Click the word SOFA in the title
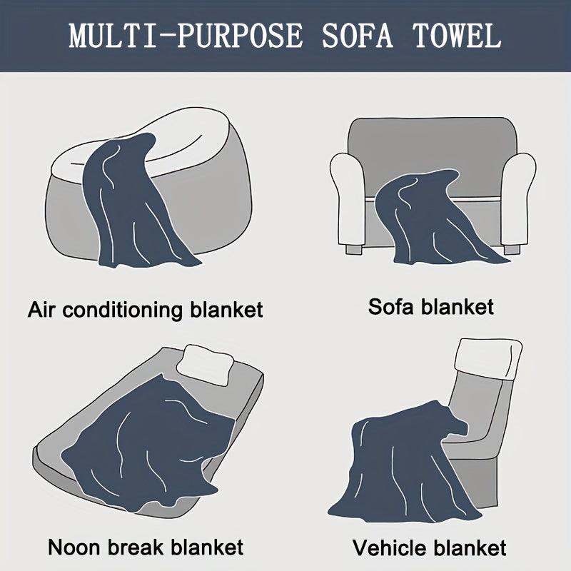[358, 36]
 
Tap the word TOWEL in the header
[457, 36]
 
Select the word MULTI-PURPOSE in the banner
[186, 36]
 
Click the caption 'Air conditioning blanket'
[146, 310]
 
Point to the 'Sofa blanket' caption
[431, 307]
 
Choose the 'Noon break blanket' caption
[146, 547]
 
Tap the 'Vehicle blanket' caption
[430, 547]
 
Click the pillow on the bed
[206, 364]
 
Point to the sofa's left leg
[354, 249]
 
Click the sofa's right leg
[512, 250]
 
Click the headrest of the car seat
[488, 359]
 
